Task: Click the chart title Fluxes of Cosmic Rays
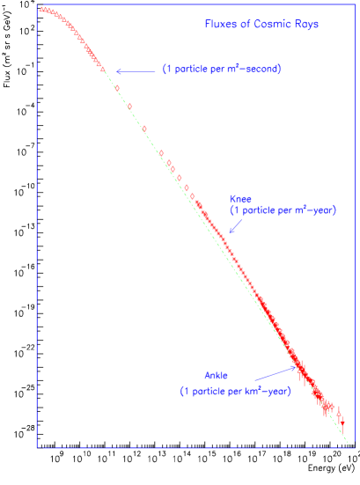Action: click(261, 25)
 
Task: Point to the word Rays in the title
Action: click(307, 25)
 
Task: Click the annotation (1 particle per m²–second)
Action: click(222, 70)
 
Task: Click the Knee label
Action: click(240, 200)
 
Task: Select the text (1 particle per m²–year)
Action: click(283, 211)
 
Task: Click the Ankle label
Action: click(217, 377)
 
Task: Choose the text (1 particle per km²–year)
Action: click(235, 391)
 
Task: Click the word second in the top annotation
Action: click(261, 70)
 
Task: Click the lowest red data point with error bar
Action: click(340, 412)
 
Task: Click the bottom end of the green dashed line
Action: click(349, 444)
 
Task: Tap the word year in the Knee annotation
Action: click(321, 211)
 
